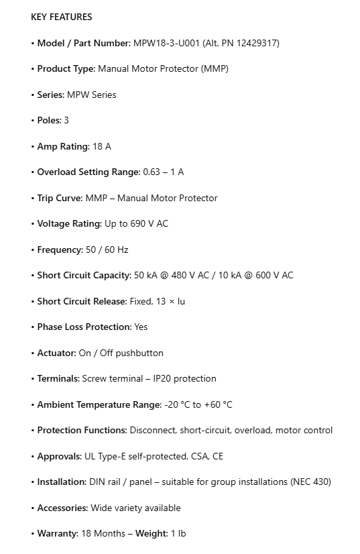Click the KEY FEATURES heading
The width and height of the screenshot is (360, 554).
[62, 17]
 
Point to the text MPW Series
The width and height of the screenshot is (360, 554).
[92, 95]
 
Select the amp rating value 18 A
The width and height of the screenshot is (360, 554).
[101, 146]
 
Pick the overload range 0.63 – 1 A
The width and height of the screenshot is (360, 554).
[163, 172]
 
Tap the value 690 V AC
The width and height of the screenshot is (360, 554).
[149, 223]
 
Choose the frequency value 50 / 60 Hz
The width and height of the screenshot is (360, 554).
[107, 250]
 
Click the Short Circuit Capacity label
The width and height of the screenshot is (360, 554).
[84, 275]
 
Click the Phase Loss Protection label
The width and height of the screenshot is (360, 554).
[84, 327]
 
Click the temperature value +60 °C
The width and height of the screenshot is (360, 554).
[218, 404]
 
